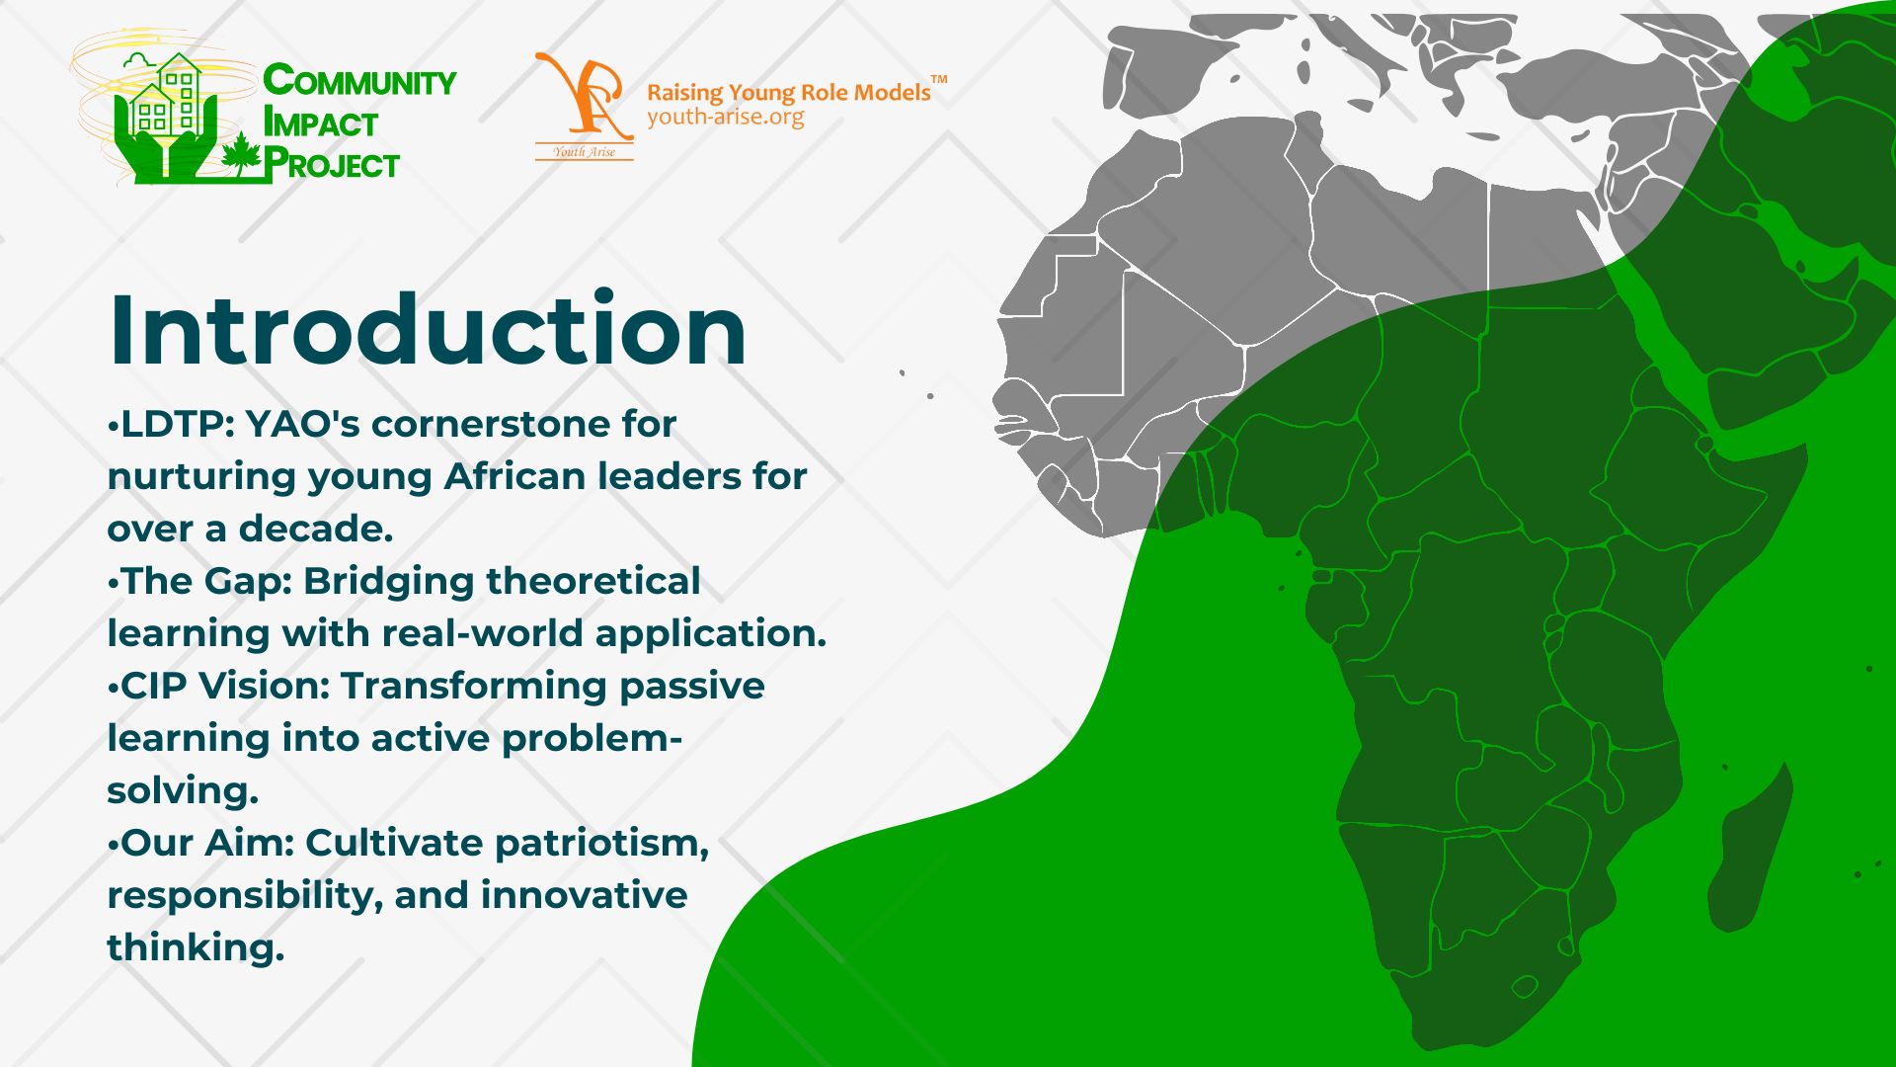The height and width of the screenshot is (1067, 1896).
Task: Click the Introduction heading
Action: (428, 329)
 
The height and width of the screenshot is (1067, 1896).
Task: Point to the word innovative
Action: (584, 895)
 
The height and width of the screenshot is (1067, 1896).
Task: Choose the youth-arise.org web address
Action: (726, 117)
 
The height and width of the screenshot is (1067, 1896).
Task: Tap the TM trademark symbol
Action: (939, 79)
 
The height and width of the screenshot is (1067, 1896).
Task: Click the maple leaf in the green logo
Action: (241, 154)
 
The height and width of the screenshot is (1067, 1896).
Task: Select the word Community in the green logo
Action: (359, 81)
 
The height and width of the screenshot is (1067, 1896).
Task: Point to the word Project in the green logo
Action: (332, 164)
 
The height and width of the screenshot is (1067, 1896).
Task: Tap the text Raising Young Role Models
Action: (789, 93)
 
